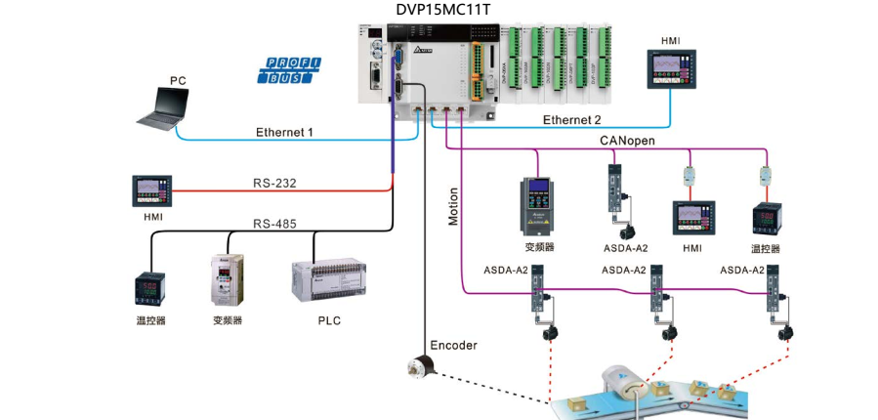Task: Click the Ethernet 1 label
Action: tap(284, 132)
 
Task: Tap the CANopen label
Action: tap(627, 142)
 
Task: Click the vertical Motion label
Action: tap(453, 206)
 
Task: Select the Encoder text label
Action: tap(455, 345)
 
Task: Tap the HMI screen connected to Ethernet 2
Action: tap(671, 70)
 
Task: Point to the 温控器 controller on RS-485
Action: tap(150, 290)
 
